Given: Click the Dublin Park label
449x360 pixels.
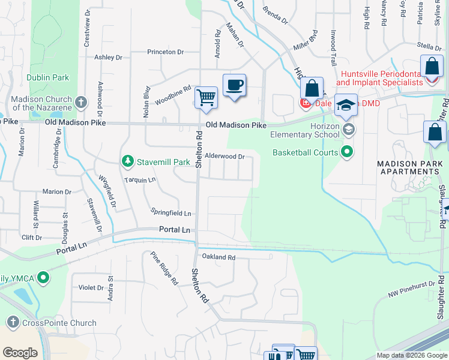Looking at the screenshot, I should pos(47,77).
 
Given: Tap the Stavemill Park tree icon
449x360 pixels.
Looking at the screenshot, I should pos(127,161).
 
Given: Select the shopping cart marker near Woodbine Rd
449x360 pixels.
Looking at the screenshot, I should pos(206,97).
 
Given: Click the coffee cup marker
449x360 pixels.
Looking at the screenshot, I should pos(234,85).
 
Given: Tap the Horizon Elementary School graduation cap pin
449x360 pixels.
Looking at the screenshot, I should pos(346,106).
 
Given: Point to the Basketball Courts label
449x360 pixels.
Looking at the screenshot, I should pos(306,152).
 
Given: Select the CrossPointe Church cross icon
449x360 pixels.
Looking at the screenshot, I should pos(12,323).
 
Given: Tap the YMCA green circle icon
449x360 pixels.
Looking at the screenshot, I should pos(43,278).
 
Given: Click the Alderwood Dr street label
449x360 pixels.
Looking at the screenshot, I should pos(225,156).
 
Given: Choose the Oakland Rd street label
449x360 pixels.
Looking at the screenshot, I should pos(219,257).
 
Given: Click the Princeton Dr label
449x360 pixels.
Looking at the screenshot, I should pos(164,52).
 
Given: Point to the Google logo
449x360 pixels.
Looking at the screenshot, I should pos(20,353).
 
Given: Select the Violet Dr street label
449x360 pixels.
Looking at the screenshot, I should pos(91,287).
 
